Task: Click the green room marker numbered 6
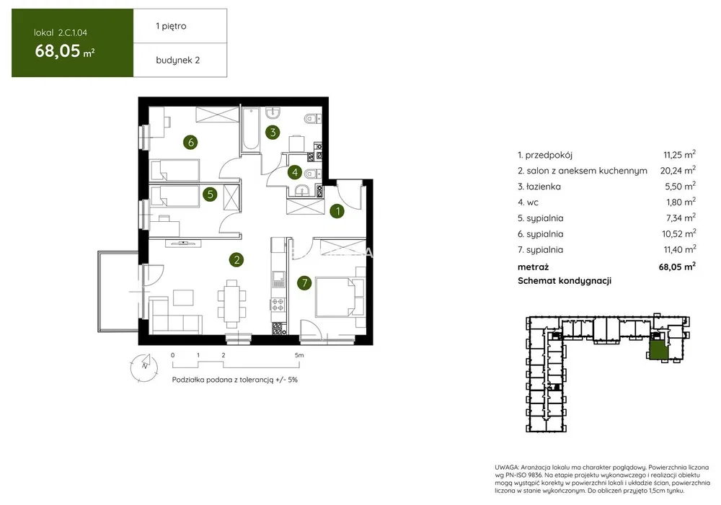point(190,142)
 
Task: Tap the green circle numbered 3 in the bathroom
point(273,133)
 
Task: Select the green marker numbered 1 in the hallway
point(337,211)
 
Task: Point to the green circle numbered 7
point(304,282)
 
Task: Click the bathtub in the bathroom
point(251,129)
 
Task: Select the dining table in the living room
point(231,303)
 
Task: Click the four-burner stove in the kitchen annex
point(278,304)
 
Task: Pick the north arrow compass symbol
point(144,367)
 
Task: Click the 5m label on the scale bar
point(299,355)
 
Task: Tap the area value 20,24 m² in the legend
point(678,170)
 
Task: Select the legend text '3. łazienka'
point(539,187)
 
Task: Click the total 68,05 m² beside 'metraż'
point(677,267)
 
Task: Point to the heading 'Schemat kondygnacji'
point(565,281)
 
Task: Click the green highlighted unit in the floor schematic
point(657,350)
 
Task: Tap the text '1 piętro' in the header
point(171,26)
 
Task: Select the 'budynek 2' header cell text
point(177,61)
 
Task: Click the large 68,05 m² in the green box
point(65,50)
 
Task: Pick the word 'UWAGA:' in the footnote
point(507,466)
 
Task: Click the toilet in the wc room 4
point(311,174)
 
